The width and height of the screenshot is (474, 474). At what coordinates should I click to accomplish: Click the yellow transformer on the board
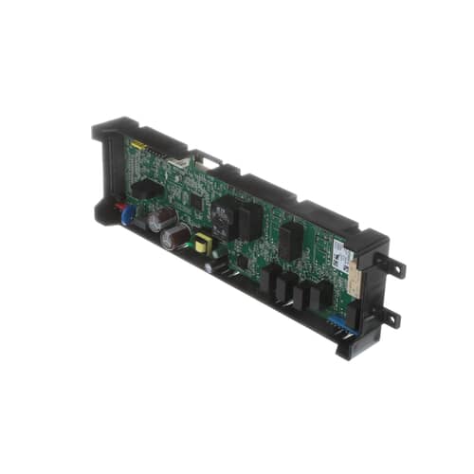(x=201, y=245)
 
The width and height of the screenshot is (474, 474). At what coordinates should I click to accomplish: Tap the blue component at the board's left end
(x=127, y=214)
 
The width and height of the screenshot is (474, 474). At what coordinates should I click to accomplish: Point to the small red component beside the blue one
(x=119, y=204)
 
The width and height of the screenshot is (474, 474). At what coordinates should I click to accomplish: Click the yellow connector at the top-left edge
(x=138, y=145)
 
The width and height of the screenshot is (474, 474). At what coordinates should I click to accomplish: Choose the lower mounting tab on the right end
(x=389, y=317)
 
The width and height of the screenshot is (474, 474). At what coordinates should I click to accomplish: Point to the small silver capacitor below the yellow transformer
(x=209, y=267)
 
